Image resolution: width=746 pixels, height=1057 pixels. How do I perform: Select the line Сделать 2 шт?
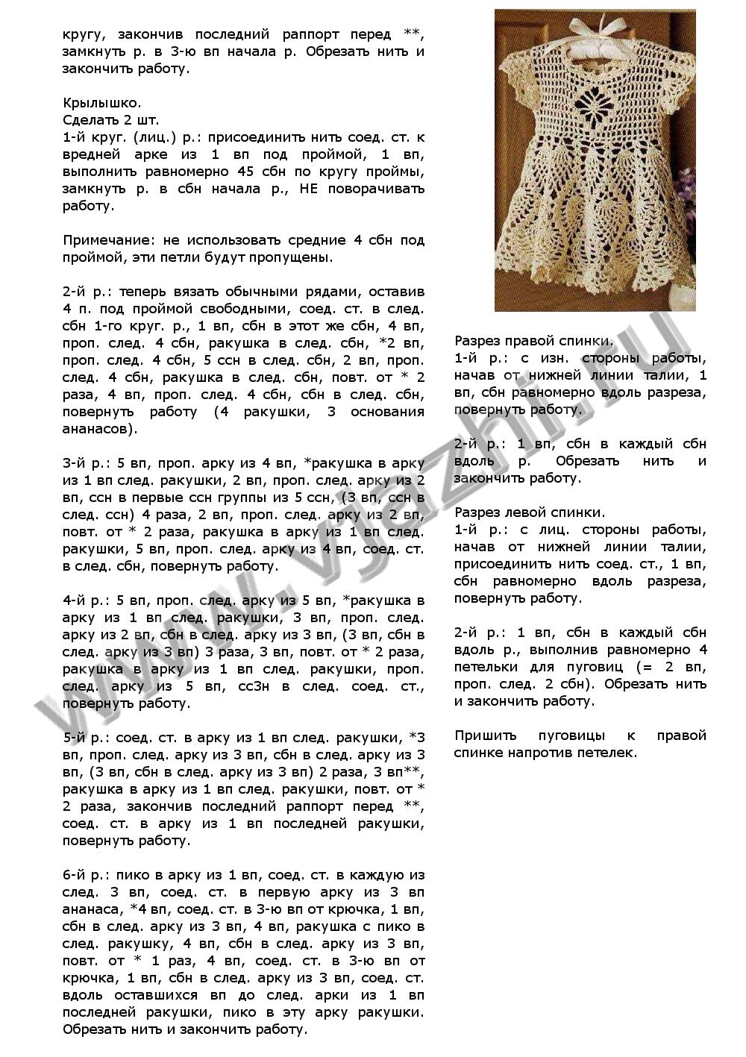(x=110, y=120)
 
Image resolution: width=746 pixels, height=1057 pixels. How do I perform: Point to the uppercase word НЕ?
(x=308, y=189)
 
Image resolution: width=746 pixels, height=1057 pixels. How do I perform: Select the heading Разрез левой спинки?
(x=530, y=512)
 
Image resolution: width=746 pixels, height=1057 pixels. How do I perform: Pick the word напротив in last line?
(x=536, y=753)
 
